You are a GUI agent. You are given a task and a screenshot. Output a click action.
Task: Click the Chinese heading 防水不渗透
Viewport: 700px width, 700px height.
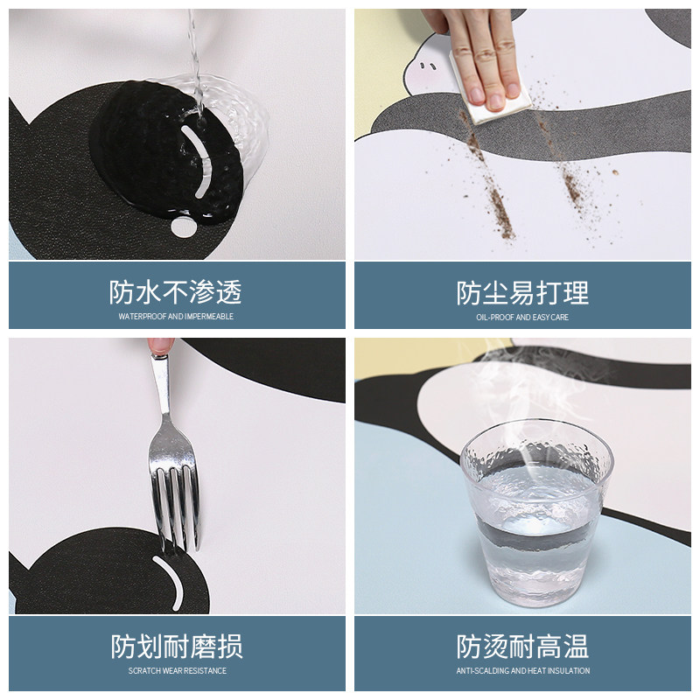click(x=176, y=292)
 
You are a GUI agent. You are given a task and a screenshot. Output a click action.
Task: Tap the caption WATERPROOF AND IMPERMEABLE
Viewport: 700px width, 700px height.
click(x=176, y=317)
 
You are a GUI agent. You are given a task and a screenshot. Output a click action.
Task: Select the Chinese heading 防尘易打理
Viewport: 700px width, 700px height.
click(x=522, y=292)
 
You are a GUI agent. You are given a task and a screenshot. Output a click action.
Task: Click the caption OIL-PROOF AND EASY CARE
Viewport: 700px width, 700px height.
click(x=522, y=317)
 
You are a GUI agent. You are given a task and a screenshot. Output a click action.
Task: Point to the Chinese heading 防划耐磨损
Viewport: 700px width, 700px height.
click(x=176, y=647)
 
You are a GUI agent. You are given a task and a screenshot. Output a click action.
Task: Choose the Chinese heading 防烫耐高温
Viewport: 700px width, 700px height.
click(x=522, y=647)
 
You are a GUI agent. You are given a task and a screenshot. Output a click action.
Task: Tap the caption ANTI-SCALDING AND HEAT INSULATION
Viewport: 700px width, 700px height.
click(x=522, y=671)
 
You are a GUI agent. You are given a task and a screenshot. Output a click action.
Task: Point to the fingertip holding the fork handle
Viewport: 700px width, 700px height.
click(x=160, y=346)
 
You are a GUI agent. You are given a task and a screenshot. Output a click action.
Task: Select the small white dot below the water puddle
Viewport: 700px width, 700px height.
click(x=183, y=227)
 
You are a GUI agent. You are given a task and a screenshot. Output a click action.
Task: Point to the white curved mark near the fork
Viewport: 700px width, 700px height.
click(x=170, y=580)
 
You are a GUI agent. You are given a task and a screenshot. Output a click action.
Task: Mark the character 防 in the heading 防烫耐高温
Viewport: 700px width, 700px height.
click(x=470, y=647)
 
